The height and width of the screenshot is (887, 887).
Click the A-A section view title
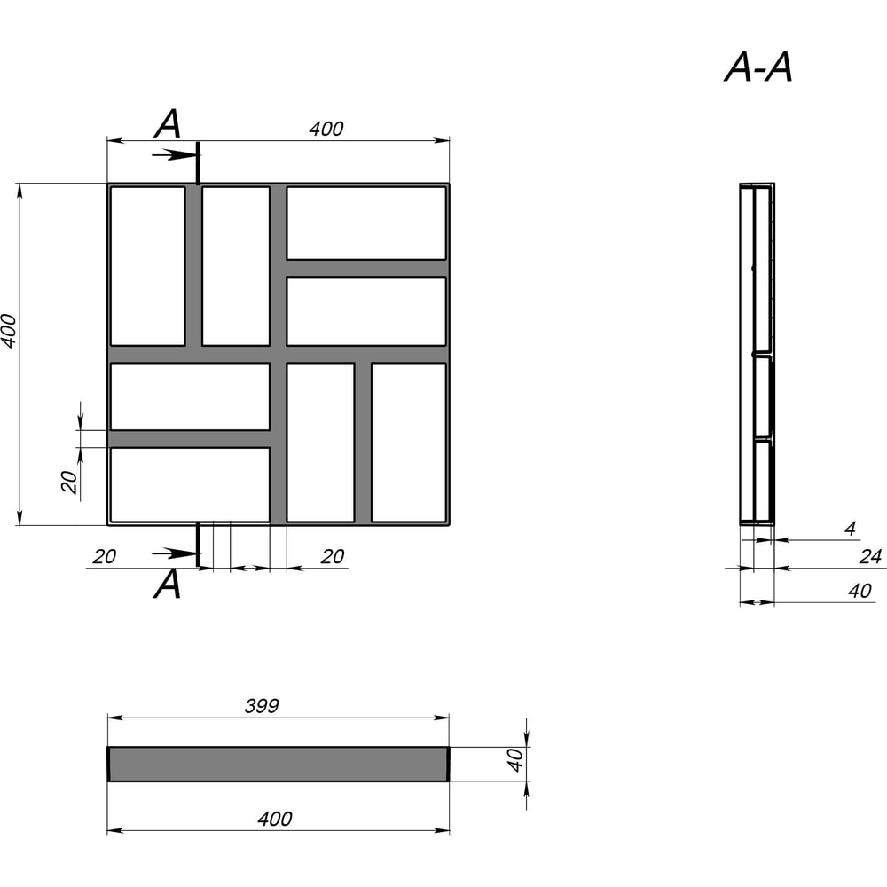pyautogui.click(x=758, y=68)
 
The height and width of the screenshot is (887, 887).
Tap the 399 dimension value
pyautogui.click(x=262, y=706)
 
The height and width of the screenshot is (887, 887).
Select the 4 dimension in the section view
pyautogui.click(x=850, y=529)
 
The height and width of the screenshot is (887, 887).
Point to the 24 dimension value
pyautogui.click(x=870, y=557)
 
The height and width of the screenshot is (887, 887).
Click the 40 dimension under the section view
pyautogui.click(x=860, y=591)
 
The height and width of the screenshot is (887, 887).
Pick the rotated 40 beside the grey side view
pyautogui.click(x=514, y=760)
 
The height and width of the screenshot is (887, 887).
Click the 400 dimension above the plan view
pyautogui.click(x=326, y=129)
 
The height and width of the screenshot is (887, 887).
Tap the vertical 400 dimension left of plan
pyautogui.click(x=9, y=331)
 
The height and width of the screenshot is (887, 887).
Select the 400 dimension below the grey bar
pyautogui.click(x=275, y=819)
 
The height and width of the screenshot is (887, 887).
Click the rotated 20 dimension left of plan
pyautogui.click(x=69, y=482)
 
